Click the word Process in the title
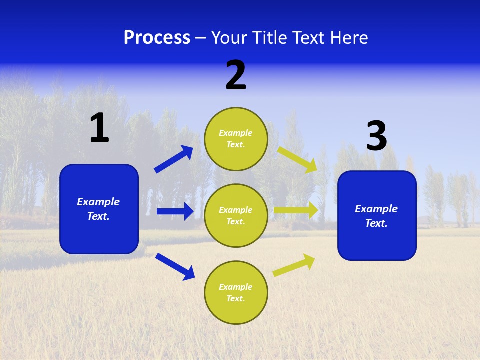(157, 38)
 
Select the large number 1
(99, 128)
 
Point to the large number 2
(236, 75)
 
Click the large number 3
(376, 136)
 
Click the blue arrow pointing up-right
(173, 159)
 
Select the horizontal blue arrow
(175, 211)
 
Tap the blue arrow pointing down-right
(175, 266)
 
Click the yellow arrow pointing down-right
(297, 159)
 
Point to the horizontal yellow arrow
(296, 210)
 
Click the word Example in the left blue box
(98, 202)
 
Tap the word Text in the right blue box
(375, 223)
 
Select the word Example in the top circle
(236, 133)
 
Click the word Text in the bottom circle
(235, 299)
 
